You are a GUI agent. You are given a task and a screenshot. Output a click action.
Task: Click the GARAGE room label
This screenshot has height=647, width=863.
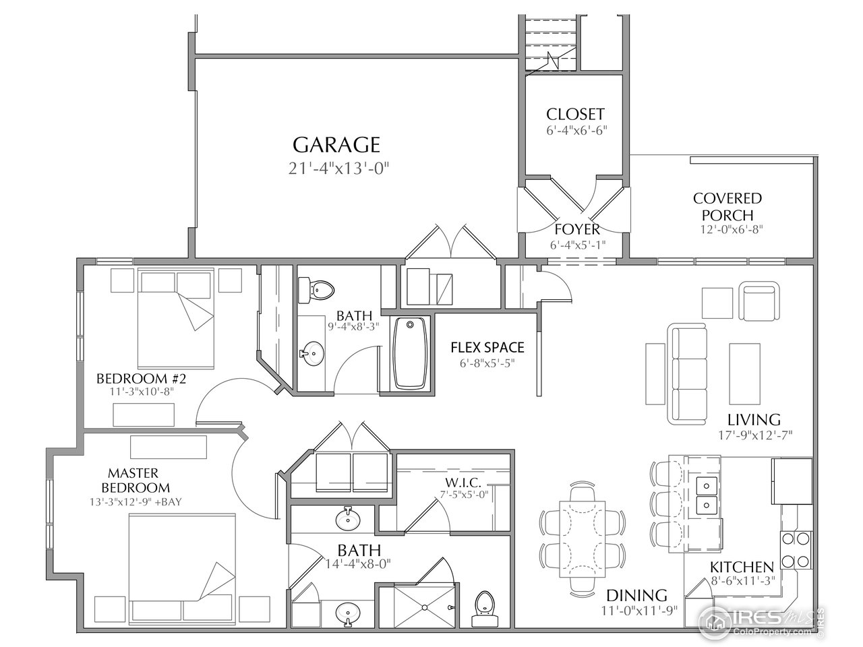pyautogui.click(x=336, y=145)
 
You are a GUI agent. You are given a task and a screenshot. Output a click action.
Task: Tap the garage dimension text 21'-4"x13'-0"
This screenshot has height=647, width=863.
pyautogui.click(x=338, y=169)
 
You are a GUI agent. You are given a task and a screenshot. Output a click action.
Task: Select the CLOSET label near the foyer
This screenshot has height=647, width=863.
pyautogui.click(x=575, y=115)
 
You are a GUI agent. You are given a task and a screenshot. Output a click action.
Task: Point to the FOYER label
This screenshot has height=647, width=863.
pyautogui.click(x=577, y=229)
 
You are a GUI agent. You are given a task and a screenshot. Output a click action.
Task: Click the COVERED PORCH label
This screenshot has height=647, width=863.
pyautogui.click(x=727, y=207)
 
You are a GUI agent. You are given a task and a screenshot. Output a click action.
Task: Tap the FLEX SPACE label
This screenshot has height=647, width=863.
pyautogui.click(x=487, y=348)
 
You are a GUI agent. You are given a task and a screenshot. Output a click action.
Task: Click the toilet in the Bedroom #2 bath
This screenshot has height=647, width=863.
pyautogui.click(x=316, y=290)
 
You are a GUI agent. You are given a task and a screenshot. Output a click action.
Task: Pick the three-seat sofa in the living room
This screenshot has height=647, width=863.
pyautogui.click(x=688, y=373)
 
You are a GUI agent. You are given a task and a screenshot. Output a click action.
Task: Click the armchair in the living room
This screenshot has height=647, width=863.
pyautogui.click(x=760, y=301)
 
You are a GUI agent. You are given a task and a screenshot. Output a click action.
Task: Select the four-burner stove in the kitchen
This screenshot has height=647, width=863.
pyautogui.click(x=796, y=550)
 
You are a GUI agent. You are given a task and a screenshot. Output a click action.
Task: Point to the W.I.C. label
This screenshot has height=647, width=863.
pyautogui.click(x=463, y=482)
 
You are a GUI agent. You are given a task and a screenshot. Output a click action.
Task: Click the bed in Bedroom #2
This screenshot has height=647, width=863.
pyautogui.click(x=176, y=318)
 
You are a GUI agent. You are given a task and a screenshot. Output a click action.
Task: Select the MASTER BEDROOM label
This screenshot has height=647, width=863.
pyautogui.click(x=136, y=480)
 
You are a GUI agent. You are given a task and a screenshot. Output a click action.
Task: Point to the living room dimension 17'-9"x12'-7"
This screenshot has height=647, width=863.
pyautogui.click(x=755, y=435)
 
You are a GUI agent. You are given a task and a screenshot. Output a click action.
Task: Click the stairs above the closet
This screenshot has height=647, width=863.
pyautogui.click(x=551, y=44)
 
